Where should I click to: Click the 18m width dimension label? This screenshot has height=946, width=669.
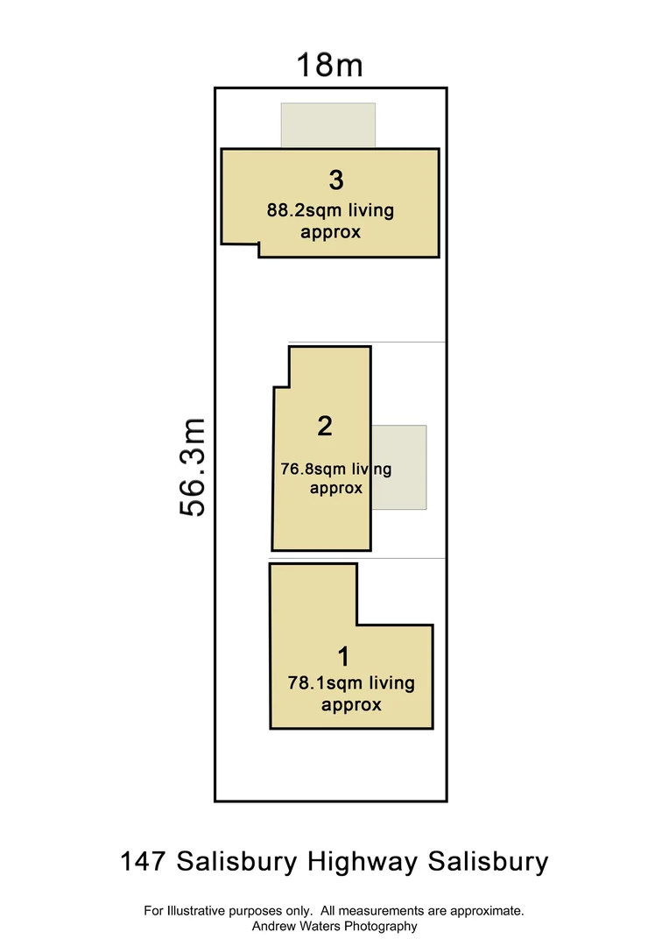click(329, 65)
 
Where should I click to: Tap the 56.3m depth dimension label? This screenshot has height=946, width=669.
click(192, 467)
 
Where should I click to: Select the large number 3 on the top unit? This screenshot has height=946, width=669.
click(336, 180)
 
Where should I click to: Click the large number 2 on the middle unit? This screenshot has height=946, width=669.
click(325, 427)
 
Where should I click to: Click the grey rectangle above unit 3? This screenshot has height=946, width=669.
click(327, 124)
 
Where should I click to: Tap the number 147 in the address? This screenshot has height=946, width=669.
click(143, 862)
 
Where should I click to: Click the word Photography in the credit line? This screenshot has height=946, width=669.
click(379, 926)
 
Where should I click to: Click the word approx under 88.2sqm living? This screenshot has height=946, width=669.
click(330, 232)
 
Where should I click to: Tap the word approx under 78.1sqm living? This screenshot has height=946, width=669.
click(351, 704)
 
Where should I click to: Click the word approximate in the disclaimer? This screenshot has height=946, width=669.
click(486, 911)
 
